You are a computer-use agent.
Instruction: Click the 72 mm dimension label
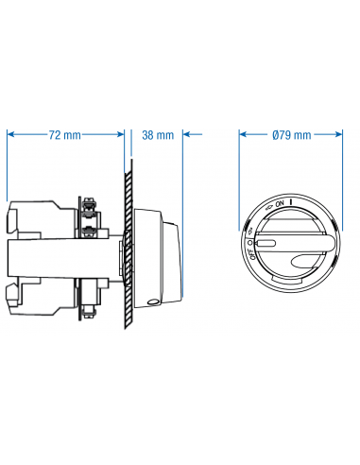point(63,134)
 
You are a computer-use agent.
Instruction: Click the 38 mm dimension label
point(158,134)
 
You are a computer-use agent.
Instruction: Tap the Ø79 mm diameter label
point(291,134)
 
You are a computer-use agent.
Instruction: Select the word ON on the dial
point(280,203)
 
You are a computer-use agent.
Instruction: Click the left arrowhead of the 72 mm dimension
point(11,134)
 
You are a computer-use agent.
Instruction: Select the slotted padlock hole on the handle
point(267,242)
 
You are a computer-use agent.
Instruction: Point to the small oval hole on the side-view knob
point(154,302)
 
